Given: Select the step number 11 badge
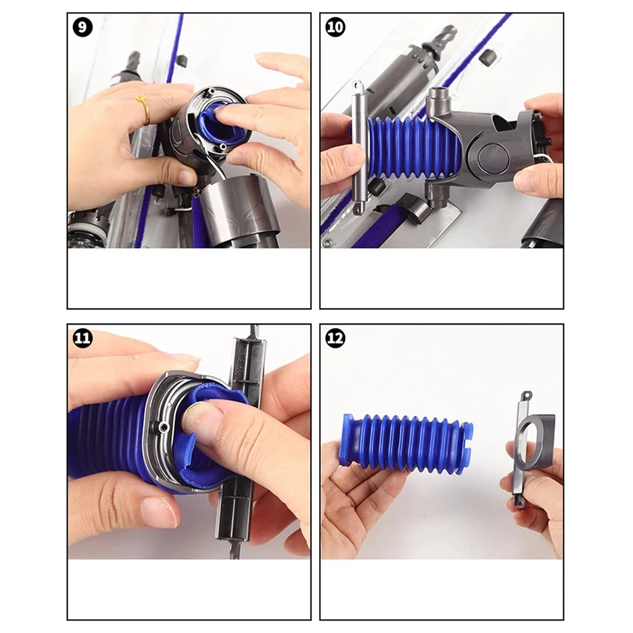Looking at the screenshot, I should tap(82, 338).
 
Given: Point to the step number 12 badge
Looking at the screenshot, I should tap(335, 338).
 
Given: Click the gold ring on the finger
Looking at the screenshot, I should tap(145, 109).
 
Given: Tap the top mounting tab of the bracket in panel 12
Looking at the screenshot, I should tap(524, 396).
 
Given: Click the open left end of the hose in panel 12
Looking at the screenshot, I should tap(348, 440).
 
